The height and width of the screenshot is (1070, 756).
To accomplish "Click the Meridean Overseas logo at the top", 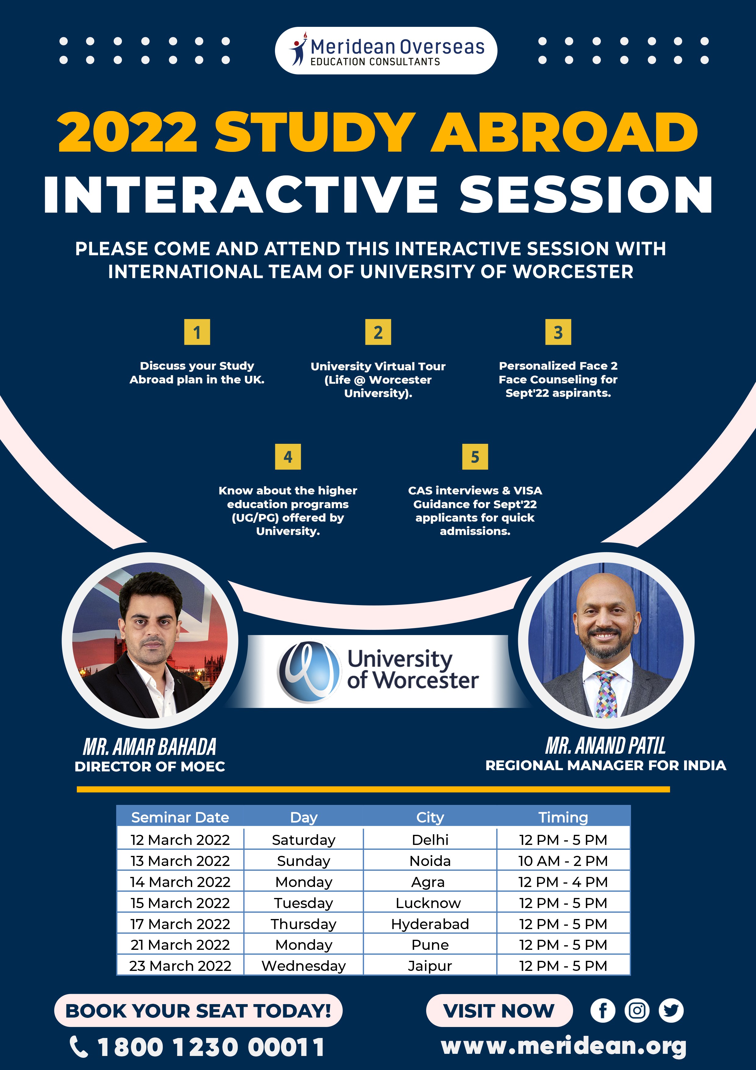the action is (x=386, y=50).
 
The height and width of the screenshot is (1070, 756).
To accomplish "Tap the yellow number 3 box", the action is (x=558, y=332).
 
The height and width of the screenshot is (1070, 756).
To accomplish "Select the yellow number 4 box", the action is (x=288, y=457).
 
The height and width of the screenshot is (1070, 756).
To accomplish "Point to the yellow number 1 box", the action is (x=197, y=332).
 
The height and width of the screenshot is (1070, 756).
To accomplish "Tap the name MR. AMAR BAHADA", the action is (x=149, y=747).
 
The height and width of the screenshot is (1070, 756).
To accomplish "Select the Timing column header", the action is (x=563, y=817).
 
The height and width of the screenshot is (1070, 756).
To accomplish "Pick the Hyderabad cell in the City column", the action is (x=430, y=924).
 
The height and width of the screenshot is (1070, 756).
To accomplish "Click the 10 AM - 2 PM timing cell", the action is (x=563, y=861).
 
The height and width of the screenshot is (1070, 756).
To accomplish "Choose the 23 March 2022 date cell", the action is (x=180, y=966).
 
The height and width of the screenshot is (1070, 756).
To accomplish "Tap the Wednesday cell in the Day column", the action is (x=304, y=966).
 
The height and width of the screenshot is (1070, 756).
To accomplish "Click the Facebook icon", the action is (x=603, y=1010).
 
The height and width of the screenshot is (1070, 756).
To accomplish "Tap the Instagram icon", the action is (x=637, y=1010).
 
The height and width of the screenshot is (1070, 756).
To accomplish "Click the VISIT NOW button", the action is (x=499, y=1010).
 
